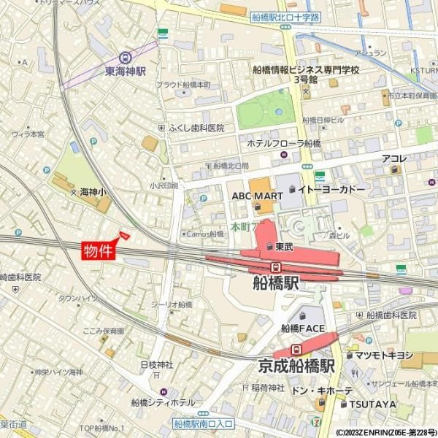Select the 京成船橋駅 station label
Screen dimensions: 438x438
[296, 365]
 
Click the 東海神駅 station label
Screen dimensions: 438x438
[126, 72]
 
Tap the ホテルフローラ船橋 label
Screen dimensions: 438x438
[283, 143]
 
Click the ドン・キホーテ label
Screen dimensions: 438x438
[322, 391]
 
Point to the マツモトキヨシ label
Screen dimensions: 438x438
[380, 356]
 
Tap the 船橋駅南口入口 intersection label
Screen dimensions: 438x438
[204, 423]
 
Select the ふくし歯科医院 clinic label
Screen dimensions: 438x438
[196, 128]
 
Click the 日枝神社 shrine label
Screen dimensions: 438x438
[156, 364]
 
